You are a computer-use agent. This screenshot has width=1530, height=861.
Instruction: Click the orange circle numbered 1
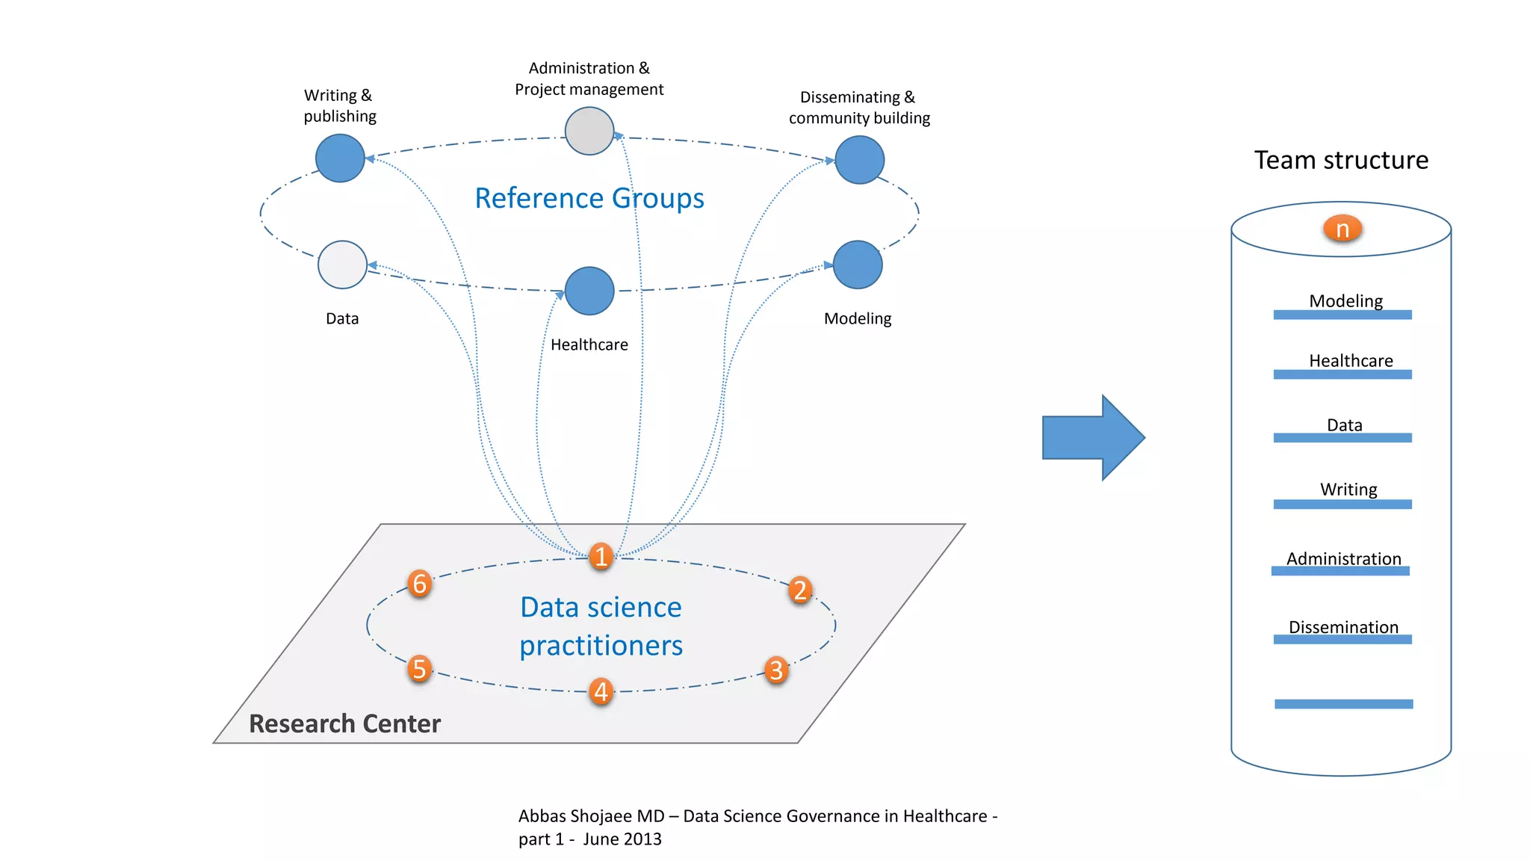coord(601,556)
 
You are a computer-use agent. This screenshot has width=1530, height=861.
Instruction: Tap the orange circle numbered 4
coord(601,691)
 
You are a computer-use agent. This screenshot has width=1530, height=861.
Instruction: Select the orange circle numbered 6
coord(420,583)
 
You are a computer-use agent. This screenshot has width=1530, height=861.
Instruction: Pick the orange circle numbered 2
coord(800,590)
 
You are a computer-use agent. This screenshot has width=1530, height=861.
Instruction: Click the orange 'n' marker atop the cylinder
coord(1342,229)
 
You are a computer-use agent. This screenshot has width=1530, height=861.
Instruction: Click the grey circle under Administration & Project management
coord(589,131)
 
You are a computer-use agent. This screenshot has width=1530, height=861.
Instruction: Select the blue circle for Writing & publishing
coord(340,158)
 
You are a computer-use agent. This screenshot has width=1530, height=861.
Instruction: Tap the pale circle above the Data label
coord(342,265)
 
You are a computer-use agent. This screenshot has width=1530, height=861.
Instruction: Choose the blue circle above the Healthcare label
coord(589,291)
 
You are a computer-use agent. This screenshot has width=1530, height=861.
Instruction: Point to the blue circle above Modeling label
coord(858,265)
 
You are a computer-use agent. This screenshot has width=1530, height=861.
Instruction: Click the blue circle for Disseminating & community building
coord(860,160)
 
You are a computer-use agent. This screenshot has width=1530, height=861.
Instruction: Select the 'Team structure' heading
coord(1341,161)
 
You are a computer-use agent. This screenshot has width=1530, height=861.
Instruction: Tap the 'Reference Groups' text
coord(589,198)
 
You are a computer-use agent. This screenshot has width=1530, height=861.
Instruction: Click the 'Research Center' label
coord(344,723)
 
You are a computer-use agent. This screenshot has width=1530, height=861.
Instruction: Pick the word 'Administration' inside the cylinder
coord(1343,558)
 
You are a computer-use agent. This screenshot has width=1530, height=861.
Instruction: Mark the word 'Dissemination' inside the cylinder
coord(1343,627)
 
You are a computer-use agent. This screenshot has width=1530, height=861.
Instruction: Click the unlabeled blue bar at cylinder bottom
coord(1343,703)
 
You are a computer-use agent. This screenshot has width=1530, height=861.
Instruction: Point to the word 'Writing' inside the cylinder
coord(1348,490)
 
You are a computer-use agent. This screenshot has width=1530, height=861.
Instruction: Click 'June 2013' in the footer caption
coord(622,839)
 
